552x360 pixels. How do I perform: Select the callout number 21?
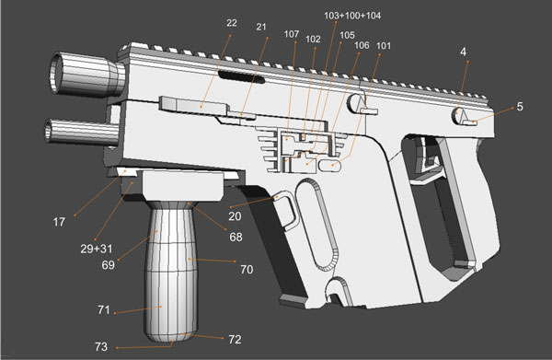261,28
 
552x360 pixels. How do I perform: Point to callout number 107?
292,34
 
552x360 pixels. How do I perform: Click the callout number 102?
313,40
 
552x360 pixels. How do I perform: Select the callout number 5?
519,107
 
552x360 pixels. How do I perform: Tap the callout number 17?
59,223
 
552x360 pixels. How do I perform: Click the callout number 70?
246,271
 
